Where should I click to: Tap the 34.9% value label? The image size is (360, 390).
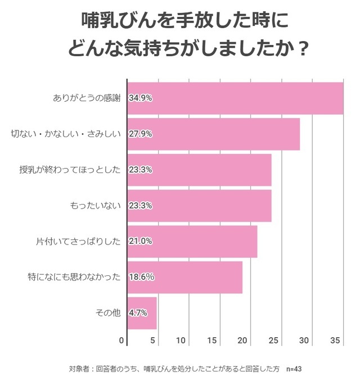click(141, 98)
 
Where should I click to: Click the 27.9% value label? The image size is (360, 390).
click(141, 134)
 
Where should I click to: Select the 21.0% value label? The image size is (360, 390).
click(141, 241)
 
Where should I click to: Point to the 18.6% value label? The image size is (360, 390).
click(141, 277)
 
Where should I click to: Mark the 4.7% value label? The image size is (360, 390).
click(138, 313)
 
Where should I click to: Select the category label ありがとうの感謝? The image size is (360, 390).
click(87, 98)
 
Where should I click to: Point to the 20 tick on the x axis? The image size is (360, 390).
click(243, 341)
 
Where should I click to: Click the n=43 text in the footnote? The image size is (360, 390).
click(294, 369)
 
